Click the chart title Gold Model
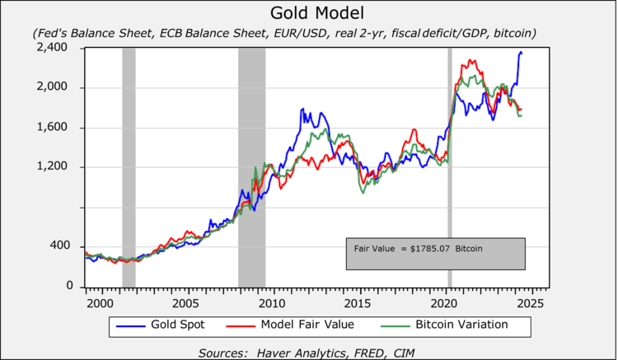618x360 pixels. pyautogui.click(x=308, y=14)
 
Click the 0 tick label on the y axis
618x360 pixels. pyautogui.click(x=69, y=286)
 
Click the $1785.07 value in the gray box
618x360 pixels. pyautogui.click(x=430, y=248)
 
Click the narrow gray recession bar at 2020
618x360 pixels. pyautogui.click(x=450, y=165)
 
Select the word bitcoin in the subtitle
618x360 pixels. pyautogui.click(x=513, y=33)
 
